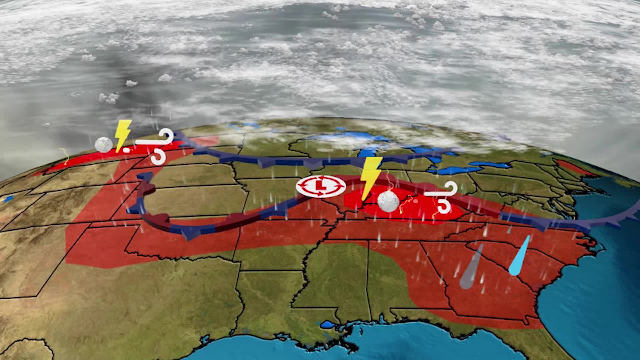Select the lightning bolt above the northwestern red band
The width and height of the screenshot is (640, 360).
[123, 135]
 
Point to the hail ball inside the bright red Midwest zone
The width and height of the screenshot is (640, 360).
[388, 201]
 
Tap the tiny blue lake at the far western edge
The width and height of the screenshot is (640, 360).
[7, 199]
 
